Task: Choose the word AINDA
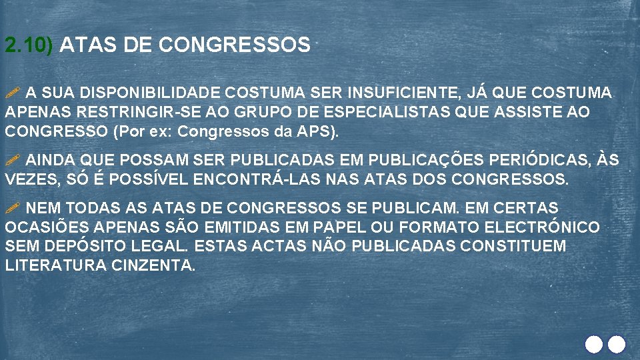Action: pyautogui.click(x=52, y=161)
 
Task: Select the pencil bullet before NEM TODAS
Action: pyautogui.click(x=13, y=208)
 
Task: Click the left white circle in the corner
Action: pyautogui.click(x=593, y=344)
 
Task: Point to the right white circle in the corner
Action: pyautogui.click(x=617, y=344)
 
